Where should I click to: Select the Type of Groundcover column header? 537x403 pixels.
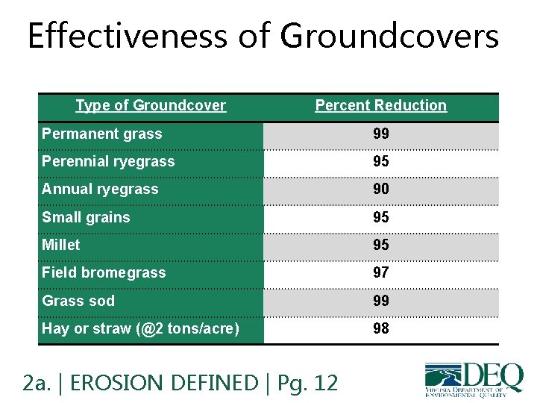[x=151, y=106]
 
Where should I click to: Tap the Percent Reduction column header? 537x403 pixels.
[x=380, y=106]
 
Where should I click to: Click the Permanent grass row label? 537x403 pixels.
[x=101, y=134]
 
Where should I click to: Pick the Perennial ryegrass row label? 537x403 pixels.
[x=108, y=162]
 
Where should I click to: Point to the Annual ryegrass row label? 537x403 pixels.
[x=100, y=190]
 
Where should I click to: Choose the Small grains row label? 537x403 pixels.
[x=86, y=218]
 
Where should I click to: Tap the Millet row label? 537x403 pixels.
[x=60, y=245]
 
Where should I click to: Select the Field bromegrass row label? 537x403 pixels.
[x=104, y=273]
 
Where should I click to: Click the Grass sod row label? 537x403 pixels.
[x=78, y=301]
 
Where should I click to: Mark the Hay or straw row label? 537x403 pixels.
[x=140, y=329]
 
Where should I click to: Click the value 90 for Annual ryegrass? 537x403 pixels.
[x=380, y=190]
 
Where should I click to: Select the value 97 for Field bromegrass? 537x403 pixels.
[x=380, y=273]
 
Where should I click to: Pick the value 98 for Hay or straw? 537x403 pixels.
[x=380, y=329]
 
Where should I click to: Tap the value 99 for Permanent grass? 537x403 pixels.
[x=380, y=134]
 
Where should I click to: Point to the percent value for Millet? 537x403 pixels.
[x=380, y=245]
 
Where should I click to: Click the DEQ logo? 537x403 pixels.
[x=474, y=378]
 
